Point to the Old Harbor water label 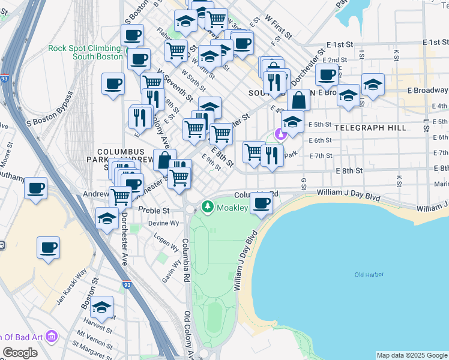369,275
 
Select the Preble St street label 154,211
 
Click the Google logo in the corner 20,353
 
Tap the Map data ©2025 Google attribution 411,355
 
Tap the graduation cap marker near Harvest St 102,307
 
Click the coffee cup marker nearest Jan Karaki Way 48,247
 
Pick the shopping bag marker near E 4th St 298,100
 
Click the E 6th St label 320,140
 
